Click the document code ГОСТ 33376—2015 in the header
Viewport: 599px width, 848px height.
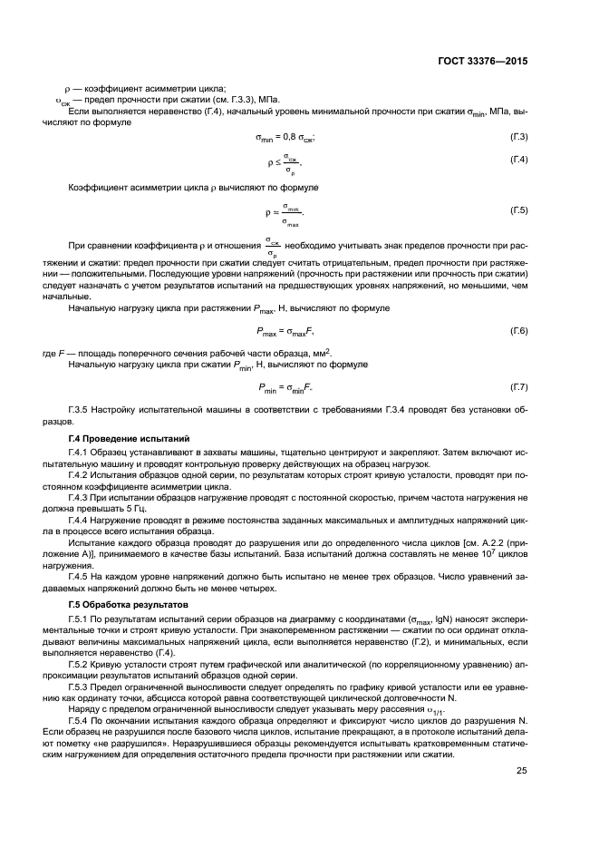pos(483,62)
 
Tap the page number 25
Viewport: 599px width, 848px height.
pos(522,771)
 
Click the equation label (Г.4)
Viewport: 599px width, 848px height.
pos(519,161)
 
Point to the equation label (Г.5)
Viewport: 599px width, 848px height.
pos(519,210)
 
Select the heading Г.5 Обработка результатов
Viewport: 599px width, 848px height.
pos(128,603)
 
